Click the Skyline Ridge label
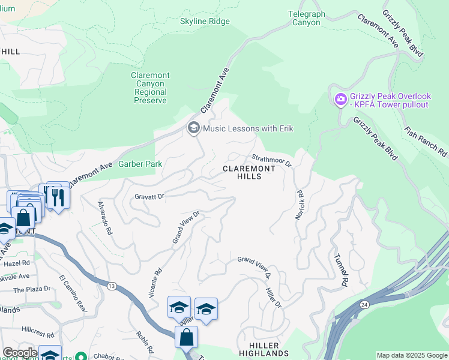click(x=205, y=22)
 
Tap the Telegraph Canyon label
click(x=306, y=18)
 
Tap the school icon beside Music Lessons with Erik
click(x=193, y=128)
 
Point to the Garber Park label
click(x=140, y=164)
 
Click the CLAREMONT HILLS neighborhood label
click(x=249, y=173)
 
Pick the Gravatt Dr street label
click(x=149, y=196)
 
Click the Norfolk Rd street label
click(x=298, y=205)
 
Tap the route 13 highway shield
click(x=112, y=286)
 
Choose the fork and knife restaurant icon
click(x=58, y=197)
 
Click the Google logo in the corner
click(x=20, y=353)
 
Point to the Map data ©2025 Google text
click(x=412, y=355)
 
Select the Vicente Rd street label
click(x=155, y=283)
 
